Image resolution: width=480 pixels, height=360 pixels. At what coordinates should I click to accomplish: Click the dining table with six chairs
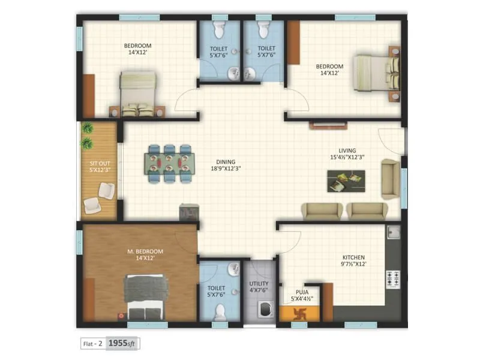pos(169,163)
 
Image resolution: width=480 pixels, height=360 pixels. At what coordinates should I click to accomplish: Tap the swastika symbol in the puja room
pos(302,313)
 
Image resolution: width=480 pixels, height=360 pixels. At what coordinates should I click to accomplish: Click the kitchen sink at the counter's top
pos(393,232)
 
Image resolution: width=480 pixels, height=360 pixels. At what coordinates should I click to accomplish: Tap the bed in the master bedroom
pos(144,297)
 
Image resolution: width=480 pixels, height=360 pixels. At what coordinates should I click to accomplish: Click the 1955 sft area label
pos(123,344)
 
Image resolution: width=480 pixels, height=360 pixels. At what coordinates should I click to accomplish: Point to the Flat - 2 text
pos(92,344)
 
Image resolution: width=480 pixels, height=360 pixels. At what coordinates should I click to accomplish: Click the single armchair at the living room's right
pos(391,178)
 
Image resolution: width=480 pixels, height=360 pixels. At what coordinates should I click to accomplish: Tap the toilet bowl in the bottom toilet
pos(220,311)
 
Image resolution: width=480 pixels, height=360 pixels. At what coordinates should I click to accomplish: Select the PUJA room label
pos(301,294)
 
